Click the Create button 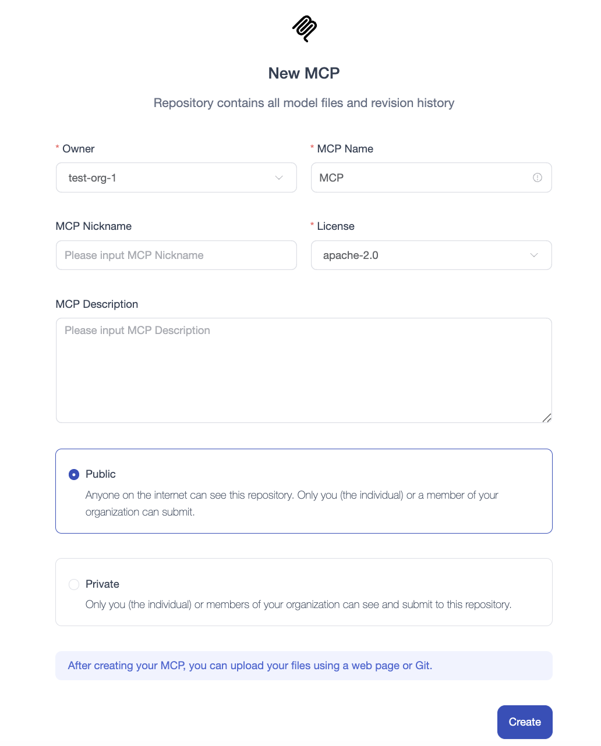(525, 722)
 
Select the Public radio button (74, 474)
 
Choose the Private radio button (74, 584)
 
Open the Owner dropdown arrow (279, 178)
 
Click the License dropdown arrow (534, 255)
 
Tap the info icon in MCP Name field (538, 177)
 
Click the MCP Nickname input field (176, 255)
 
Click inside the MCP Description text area (303, 370)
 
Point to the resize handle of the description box (547, 418)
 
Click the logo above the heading (304, 29)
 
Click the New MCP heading (304, 73)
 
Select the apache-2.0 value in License (351, 255)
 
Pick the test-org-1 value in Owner (92, 178)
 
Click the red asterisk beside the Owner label (58, 148)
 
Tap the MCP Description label (97, 304)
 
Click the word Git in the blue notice (423, 666)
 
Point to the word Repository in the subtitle (183, 103)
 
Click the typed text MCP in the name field (331, 178)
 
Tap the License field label (335, 226)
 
